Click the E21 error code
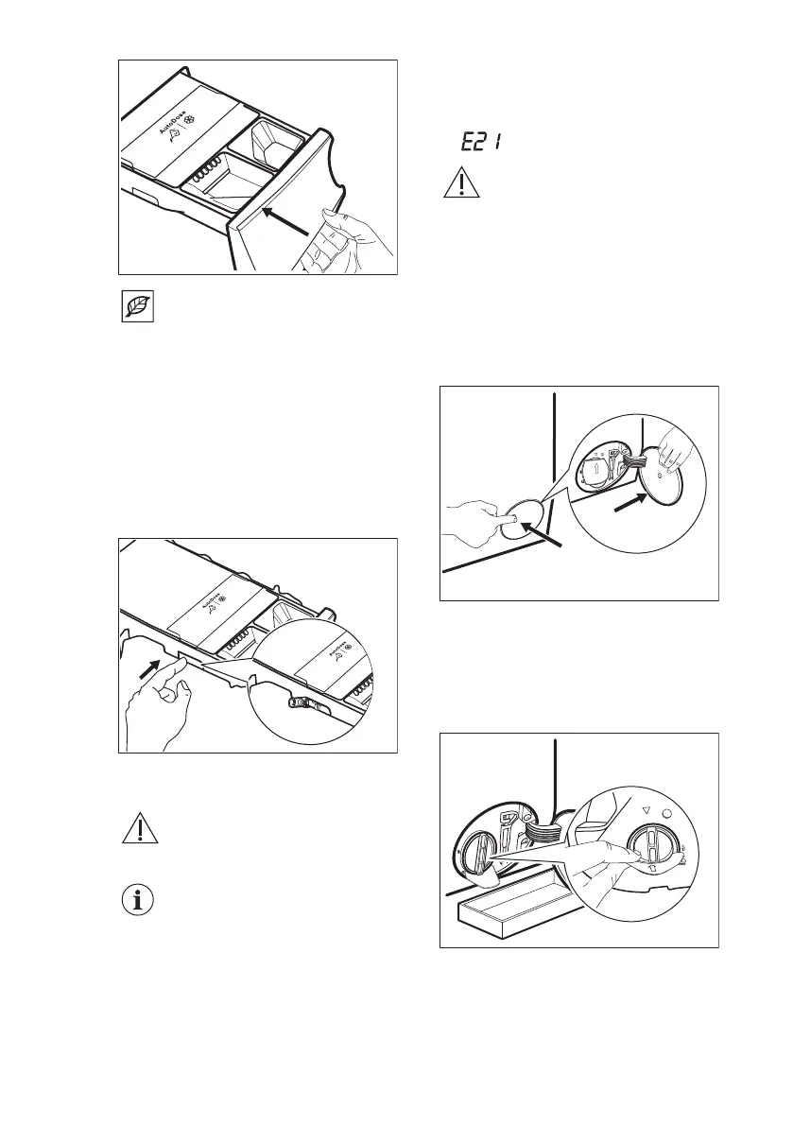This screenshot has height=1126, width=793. tap(480, 142)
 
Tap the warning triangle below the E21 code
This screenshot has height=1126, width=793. tap(457, 182)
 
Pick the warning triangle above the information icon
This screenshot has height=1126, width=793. tap(138, 829)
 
